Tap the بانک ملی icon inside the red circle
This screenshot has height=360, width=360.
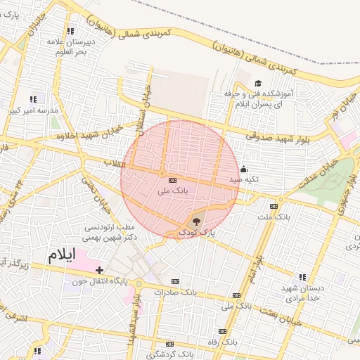pyautogui.click(x=173, y=181)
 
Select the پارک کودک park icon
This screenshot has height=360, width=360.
pyautogui.click(x=195, y=222)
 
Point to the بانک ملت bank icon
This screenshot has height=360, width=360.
pyautogui.click(x=274, y=206)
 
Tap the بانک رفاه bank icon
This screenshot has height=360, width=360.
pyautogui.click(x=222, y=331)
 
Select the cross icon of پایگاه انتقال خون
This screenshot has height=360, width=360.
pyautogui.click(x=100, y=270)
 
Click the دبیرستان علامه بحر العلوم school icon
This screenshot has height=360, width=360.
pyautogui.click(x=70, y=31)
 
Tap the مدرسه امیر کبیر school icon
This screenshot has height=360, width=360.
pyautogui.click(x=32, y=99)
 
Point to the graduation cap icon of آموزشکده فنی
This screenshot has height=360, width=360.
pyautogui.click(x=257, y=84)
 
